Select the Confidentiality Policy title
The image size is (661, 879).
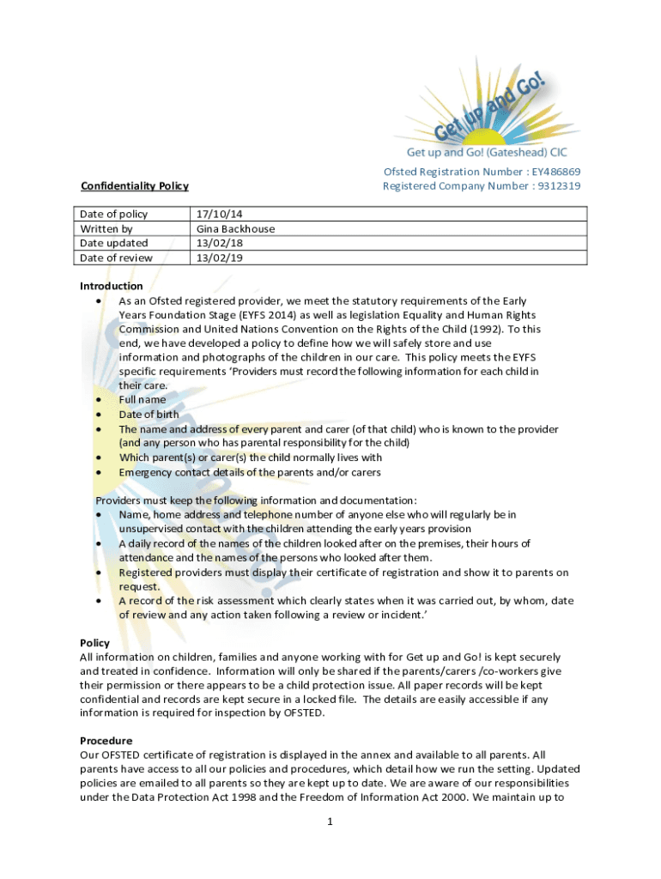point(134,185)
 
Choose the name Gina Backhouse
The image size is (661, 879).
point(235,228)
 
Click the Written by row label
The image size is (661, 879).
point(106,228)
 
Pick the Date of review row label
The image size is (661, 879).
point(116,258)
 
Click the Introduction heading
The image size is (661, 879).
point(112,286)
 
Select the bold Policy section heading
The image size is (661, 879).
point(94,642)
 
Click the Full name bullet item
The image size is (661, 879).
point(143,399)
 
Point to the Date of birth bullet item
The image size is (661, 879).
point(149,414)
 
